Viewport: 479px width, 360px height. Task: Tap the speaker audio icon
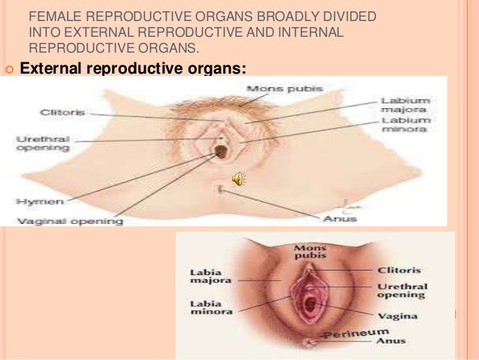237,179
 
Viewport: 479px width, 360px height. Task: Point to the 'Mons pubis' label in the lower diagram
306,251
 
